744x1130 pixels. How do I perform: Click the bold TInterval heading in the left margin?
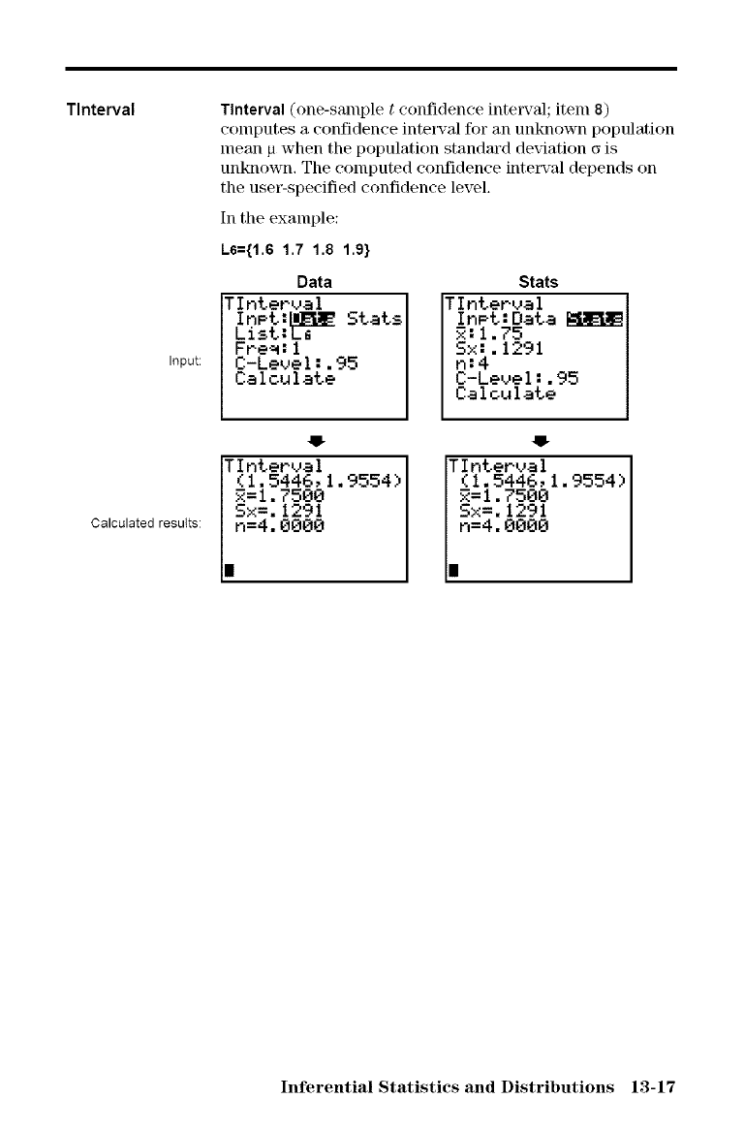coord(107,107)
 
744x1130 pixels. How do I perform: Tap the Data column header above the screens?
coord(314,282)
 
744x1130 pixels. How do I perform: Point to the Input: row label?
coord(184,361)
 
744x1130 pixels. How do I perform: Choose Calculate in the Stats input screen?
coord(505,394)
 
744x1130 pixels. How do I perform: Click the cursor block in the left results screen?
coord(228,569)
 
